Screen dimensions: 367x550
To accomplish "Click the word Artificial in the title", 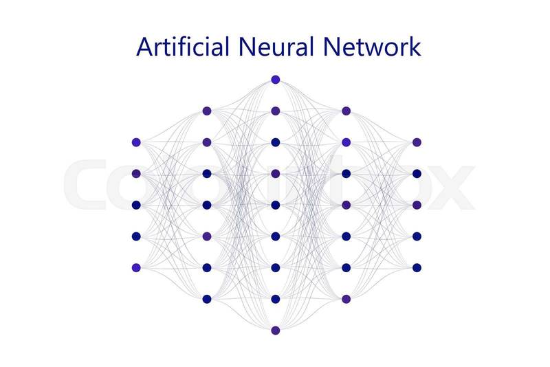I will (x=183, y=47).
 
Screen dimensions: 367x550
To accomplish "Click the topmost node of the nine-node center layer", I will (x=276, y=80).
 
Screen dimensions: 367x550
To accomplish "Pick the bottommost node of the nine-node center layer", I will (x=276, y=331).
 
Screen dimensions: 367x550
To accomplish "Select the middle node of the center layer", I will (x=276, y=205).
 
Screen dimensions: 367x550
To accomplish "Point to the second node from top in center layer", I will (x=276, y=111).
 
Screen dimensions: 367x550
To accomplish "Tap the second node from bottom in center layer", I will (x=276, y=299).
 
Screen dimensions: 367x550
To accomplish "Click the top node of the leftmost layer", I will (x=136, y=142).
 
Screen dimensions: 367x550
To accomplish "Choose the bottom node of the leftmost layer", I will (x=136, y=267).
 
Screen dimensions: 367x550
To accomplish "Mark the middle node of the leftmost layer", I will (x=136, y=205).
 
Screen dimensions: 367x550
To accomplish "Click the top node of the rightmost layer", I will (x=417, y=142).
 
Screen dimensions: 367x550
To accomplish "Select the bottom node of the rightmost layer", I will (x=417, y=267).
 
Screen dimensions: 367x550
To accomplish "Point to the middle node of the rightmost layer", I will (x=417, y=205).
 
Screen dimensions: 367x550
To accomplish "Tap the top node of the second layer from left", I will (x=206, y=111).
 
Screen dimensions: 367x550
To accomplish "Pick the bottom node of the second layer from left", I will (x=206, y=299).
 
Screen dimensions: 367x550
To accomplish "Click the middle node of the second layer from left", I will (x=206, y=205).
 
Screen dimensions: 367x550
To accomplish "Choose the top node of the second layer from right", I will (x=346, y=111).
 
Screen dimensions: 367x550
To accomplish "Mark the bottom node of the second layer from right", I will (x=346, y=299).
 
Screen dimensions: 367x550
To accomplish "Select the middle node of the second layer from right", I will (x=346, y=205).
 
